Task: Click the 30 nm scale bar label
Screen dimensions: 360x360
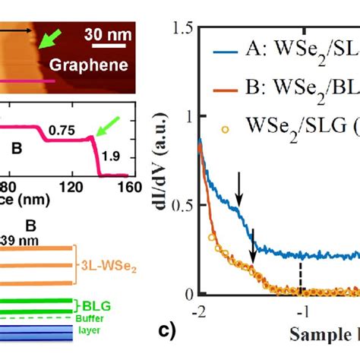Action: [109, 33]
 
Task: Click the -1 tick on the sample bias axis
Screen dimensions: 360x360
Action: [302, 310]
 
